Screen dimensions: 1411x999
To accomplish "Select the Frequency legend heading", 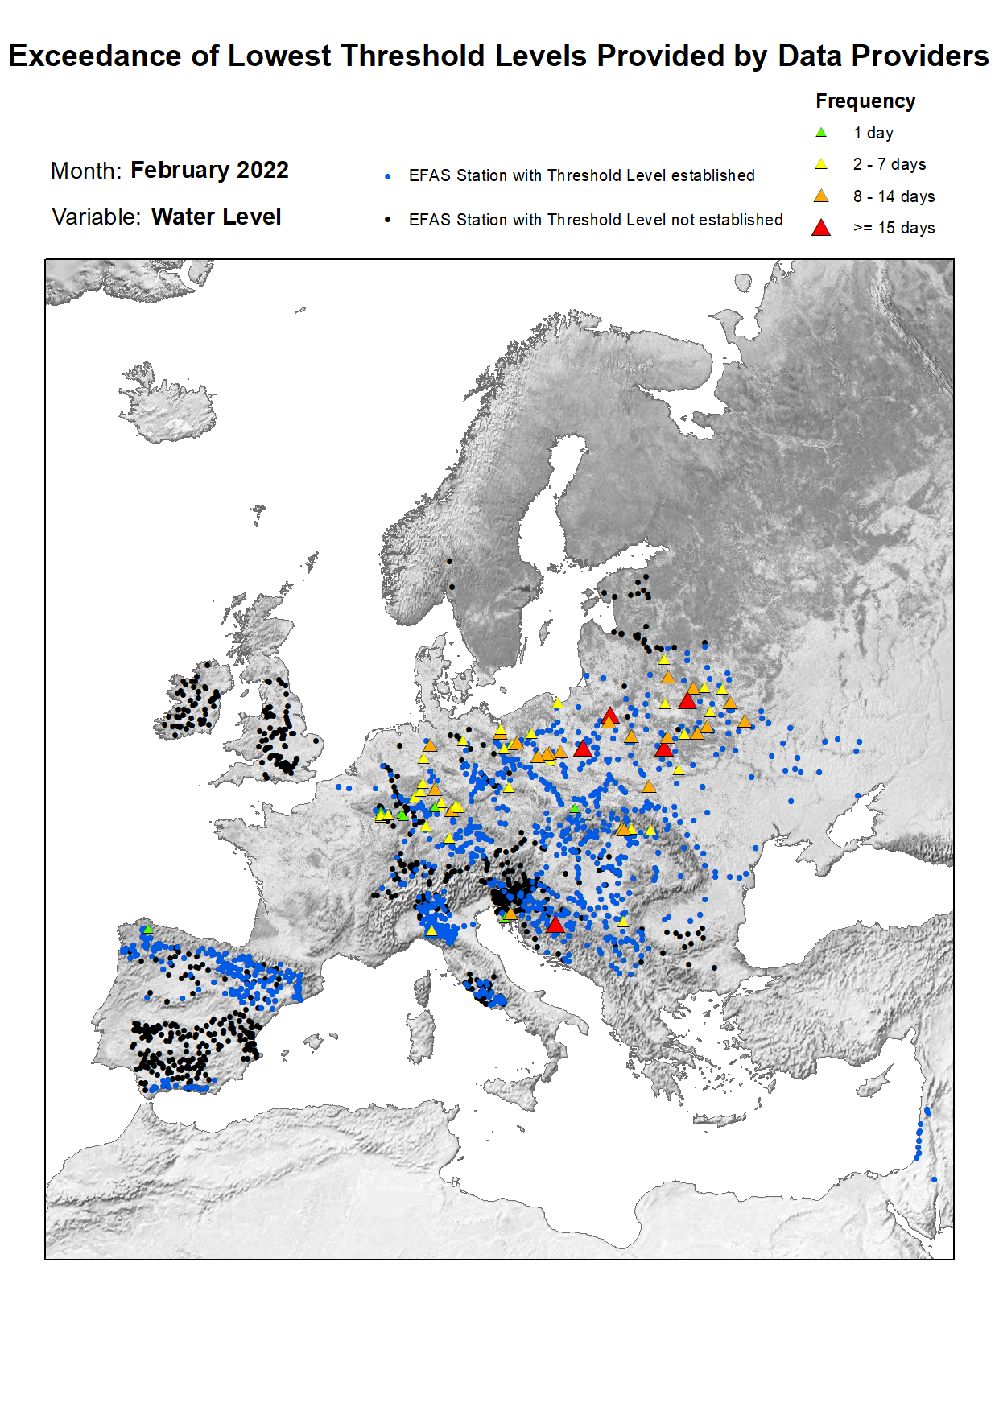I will tap(865, 101).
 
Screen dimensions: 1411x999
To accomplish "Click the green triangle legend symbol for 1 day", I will tap(820, 133).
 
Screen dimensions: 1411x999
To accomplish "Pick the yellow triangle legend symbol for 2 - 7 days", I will tap(820, 164).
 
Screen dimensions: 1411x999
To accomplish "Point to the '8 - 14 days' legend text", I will tap(894, 196).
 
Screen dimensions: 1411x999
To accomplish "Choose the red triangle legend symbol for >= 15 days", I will tap(820, 228).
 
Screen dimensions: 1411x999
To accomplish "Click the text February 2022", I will tap(209, 170).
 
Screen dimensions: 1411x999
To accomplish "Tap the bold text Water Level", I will tap(216, 217).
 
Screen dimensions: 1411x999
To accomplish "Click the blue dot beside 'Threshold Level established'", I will tap(388, 176).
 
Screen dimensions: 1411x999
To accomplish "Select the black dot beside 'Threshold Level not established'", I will tap(388, 220).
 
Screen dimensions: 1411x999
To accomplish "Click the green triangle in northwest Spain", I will tap(147, 929).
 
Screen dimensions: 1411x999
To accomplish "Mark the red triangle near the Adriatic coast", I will tap(555, 925).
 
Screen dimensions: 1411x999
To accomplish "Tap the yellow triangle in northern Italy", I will tap(431, 930).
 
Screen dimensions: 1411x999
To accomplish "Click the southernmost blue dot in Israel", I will tap(934, 1179).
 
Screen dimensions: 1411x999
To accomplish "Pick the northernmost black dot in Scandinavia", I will tap(449, 561).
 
